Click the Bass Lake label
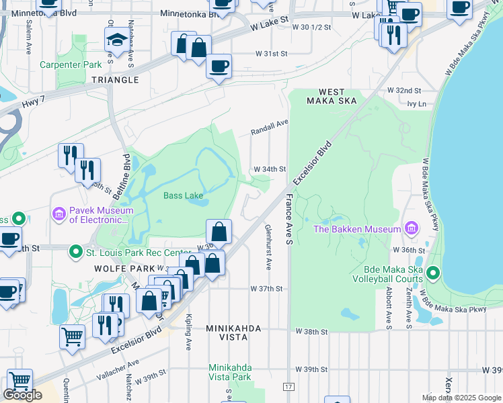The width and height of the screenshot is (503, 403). pyautogui.click(x=183, y=196)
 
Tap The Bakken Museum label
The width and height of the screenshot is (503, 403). pyautogui.click(x=357, y=229)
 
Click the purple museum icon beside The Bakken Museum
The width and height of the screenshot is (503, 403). pyautogui.click(x=409, y=229)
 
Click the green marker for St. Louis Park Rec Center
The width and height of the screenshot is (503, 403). pyautogui.click(x=76, y=253)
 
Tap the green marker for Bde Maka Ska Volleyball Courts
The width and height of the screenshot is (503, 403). pyautogui.click(x=433, y=273)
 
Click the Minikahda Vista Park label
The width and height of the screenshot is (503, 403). pyautogui.click(x=229, y=373)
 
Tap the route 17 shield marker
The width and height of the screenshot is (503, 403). pyautogui.click(x=289, y=388)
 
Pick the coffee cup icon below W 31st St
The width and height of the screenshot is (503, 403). pyautogui.click(x=219, y=66)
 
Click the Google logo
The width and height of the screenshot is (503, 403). pyautogui.click(x=22, y=396)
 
